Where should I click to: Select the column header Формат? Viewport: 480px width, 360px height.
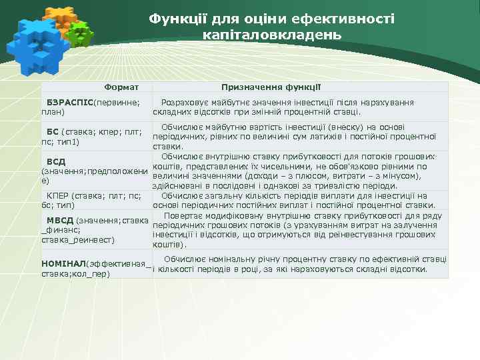(121, 87)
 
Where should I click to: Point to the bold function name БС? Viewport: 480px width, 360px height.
(52, 133)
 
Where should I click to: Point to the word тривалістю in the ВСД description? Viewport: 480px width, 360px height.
(344, 186)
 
